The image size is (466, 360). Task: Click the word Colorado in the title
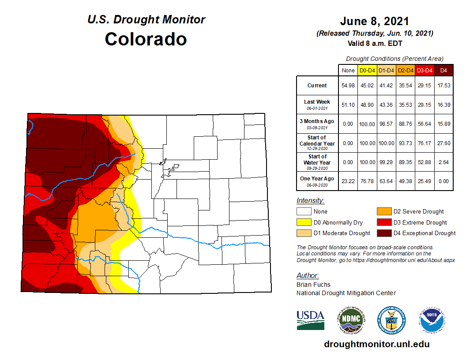click(146, 39)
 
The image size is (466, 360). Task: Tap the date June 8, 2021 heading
click(374, 21)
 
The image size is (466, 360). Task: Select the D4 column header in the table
click(443, 70)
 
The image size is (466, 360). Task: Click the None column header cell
click(348, 70)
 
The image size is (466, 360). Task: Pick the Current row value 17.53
click(443, 86)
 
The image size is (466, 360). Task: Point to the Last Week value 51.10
click(348, 105)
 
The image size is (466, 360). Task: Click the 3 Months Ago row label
click(317, 124)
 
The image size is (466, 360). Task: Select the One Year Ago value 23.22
click(348, 181)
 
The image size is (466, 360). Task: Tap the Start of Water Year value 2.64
click(443, 162)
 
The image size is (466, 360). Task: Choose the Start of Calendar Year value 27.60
click(443, 143)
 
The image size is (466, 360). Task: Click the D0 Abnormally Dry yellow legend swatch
click(304, 222)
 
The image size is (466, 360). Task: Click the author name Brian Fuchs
click(313, 285)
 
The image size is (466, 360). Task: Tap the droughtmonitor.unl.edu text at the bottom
click(376, 344)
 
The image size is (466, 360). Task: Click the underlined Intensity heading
click(310, 201)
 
